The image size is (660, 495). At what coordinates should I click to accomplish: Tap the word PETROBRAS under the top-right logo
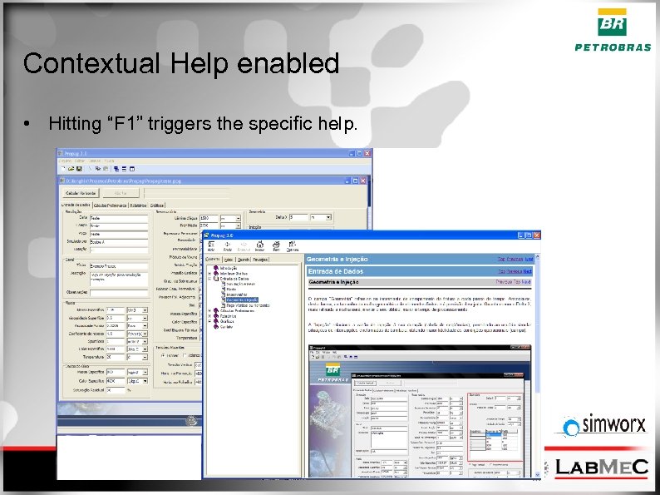(613, 47)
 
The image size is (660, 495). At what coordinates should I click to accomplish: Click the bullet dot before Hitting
(28, 125)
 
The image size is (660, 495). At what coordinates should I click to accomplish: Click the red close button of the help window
(537, 236)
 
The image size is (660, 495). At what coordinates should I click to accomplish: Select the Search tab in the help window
(244, 260)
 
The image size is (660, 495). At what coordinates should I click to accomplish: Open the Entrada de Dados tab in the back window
(74, 205)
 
